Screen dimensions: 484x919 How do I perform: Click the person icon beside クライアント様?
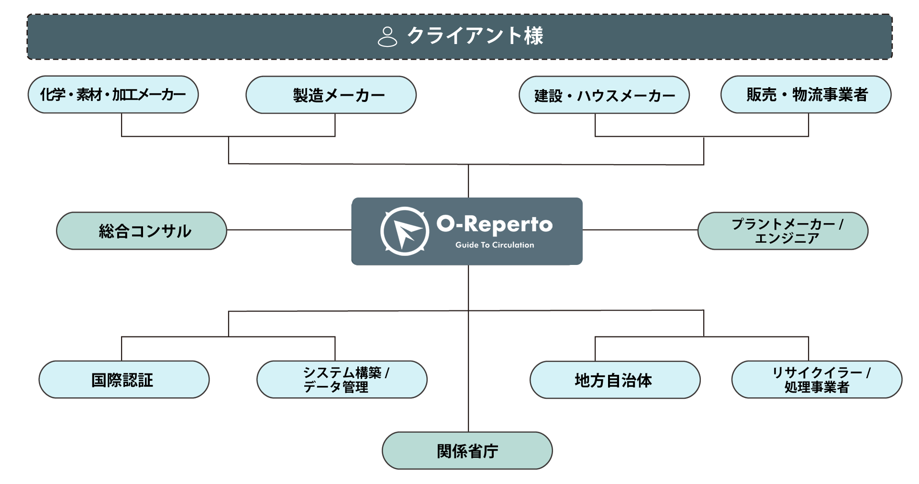pyautogui.click(x=387, y=36)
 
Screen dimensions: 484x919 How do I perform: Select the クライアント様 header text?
pyautogui.click(x=475, y=36)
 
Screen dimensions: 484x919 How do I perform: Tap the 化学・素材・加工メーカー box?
pyautogui.click(x=113, y=95)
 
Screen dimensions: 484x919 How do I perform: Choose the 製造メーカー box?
pyautogui.click(x=331, y=95)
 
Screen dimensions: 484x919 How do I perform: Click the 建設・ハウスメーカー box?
pyautogui.click(x=604, y=95)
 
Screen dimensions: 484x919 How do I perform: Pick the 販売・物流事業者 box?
pyautogui.click(x=806, y=95)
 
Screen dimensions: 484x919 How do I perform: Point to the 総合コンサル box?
pyautogui.click(x=142, y=231)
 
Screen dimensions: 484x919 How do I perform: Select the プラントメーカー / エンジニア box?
pyautogui.click(x=783, y=231)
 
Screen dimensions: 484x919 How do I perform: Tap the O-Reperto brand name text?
pyautogui.click(x=494, y=224)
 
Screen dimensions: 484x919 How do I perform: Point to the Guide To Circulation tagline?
pyautogui.click(x=494, y=245)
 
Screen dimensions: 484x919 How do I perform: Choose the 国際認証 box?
pyautogui.click(x=124, y=380)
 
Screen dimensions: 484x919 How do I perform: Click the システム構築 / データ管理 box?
pyautogui.click(x=342, y=380)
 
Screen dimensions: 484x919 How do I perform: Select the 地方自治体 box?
pyautogui.click(x=615, y=380)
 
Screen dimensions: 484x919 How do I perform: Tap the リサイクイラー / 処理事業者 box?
pyautogui.click(x=817, y=380)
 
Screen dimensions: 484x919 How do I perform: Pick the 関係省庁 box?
pyautogui.click(x=467, y=451)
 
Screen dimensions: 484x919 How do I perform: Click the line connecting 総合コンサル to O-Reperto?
pyautogui.click(x=289, y=230)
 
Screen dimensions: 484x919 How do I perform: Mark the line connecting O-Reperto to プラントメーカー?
pyautogui.click(x=640, y=230)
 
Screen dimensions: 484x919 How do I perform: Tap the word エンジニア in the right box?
pyautogui.click(x=786, y=238)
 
